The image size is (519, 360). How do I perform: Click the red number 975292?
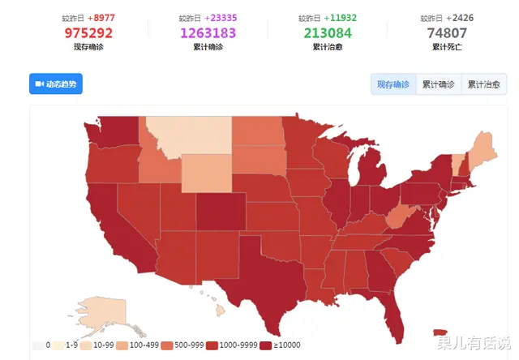(88, 33)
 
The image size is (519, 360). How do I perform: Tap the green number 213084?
(328, 33)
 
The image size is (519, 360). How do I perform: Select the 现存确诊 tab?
(394, 84)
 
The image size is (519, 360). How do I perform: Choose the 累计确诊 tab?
(439, 84)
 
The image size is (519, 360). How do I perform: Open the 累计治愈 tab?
(483, 84)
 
